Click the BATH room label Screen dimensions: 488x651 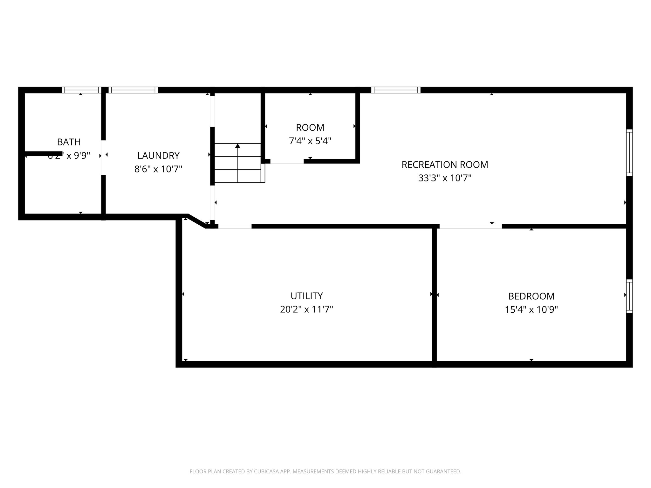pos(69,142)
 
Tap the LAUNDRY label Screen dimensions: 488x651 pos(158,155)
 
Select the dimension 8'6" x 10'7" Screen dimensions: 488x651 pos(158,169)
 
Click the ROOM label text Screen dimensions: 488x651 pos(310,127)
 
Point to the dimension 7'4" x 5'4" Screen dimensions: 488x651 pos(310,141)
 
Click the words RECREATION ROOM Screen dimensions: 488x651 pos(444,165)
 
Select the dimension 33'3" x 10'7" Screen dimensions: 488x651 pos(444,178)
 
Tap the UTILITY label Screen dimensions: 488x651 pos(306,296)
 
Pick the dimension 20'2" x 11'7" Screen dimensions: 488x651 pos(306,309)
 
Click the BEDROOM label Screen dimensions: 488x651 pos(531,296)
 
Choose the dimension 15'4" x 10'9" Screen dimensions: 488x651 pos(531,309)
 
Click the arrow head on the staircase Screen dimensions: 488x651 pos(237,146)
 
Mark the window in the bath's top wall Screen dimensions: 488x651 pos(81,90)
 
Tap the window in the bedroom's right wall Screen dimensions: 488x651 pos(629,296)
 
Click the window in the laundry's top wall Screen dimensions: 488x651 pos(133,90)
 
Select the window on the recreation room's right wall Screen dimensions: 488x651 pos(629,152)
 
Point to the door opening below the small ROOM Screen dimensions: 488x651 pos(287,161)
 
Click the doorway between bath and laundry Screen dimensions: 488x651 pos(103,157)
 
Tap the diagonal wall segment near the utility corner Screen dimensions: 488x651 pos(197,221)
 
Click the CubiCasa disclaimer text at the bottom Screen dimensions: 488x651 pos(325,471)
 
